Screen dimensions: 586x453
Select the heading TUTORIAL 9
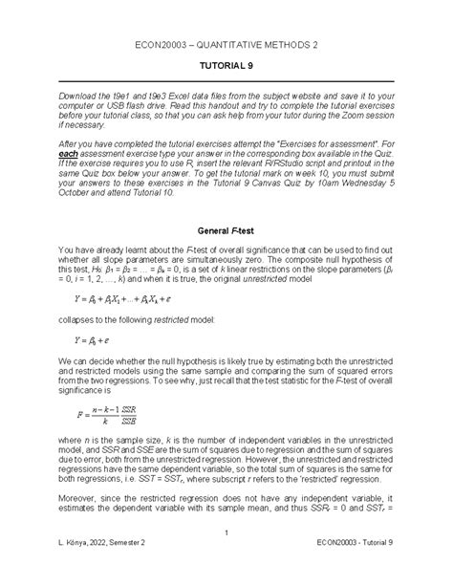[226, 69]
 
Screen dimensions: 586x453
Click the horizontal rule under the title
[226, 82]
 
